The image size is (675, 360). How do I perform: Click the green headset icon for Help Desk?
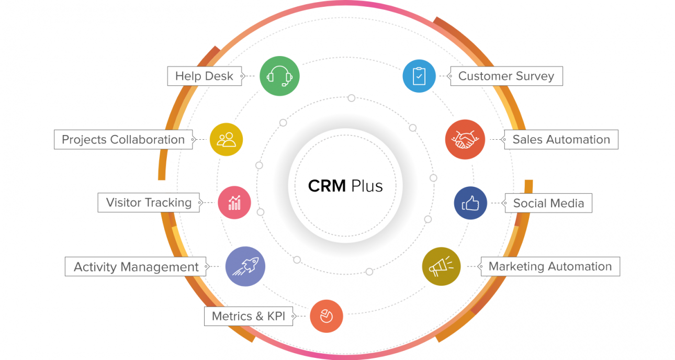tap(279, 76)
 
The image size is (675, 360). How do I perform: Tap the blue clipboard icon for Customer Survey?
tap(419, 76)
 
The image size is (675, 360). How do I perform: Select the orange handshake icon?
tap(465, 140)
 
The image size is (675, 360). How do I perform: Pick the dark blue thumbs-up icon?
tap(470, 203)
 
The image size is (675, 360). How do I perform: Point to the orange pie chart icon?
tap(327, 316)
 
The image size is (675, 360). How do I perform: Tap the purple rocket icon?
tap(245, 266)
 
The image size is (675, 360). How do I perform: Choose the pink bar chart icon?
tap(234, 203)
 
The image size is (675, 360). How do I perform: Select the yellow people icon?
tap(227, 140)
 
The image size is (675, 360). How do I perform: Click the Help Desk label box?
tap(204, 76)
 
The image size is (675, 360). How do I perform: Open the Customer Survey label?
tap(506, 76)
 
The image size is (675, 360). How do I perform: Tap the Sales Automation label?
tap(561, 140)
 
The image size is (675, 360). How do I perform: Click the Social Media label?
tap(548, 203)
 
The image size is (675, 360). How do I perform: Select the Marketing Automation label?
tap(550, 266)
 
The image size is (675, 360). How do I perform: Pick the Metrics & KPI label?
tap(249, 316)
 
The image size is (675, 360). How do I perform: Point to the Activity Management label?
tap(136, 267)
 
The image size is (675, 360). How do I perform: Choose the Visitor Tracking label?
tap(149, 203)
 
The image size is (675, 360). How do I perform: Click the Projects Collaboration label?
tap(123, 140)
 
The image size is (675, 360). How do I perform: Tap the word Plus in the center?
tap(367, 186)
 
